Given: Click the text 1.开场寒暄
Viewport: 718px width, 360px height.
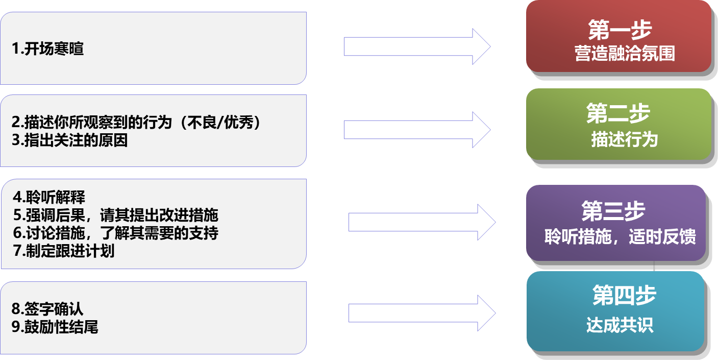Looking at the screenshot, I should [x=47, y=50].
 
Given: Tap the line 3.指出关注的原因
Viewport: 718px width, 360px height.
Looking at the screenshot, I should [x=69, y=140].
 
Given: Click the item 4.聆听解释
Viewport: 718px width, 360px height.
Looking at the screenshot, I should [x=49, y=198].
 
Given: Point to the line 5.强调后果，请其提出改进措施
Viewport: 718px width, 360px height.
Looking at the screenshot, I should [x=116, y=215].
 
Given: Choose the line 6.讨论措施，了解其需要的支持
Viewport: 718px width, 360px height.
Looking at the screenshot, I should [x=116, y=233].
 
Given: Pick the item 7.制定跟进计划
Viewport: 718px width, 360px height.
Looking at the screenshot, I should [x=64, y=251].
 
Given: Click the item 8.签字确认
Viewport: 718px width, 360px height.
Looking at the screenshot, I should [x=47, y=309].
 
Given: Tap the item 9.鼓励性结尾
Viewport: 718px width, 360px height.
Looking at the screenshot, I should [x=55, y=326].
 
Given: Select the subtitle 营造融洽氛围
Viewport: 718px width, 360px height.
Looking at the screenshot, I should [x=625, y=54].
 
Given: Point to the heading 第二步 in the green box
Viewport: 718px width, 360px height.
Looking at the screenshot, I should [x=618, y=113].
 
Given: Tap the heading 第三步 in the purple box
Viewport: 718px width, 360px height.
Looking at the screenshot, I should [x=613, y=211].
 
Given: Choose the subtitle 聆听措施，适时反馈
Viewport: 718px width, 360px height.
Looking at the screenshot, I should [x=620, y=237].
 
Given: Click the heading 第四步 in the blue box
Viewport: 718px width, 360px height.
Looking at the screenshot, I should [x=624, y=295].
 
